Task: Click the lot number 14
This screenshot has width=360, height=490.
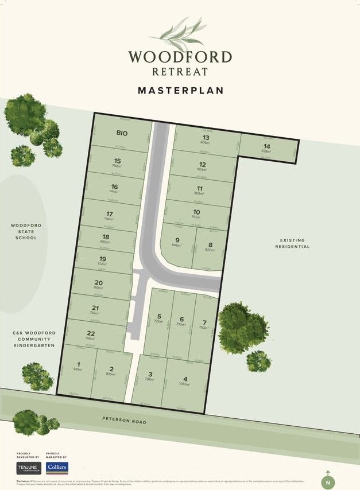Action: click(x=266, y=146)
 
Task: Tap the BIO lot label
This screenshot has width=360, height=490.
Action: click(x=121, y=133)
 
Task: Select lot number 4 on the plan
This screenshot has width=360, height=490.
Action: click(x=185, y=379)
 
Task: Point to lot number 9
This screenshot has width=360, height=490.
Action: click(x=177, y=240)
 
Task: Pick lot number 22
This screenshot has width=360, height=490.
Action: click(x=90, y=333)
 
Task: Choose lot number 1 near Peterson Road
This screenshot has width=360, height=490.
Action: click(x=78, y=364)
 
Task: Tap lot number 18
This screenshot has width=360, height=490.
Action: click(x=105, y=236)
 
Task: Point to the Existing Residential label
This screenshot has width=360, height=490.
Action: click(x=295, y=243)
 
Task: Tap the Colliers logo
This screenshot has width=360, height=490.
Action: click(x=57, y=467)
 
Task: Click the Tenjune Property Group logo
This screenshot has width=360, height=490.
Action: click(x=28, y=467)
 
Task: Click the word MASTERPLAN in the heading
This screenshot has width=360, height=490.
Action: click(x=180, y=91)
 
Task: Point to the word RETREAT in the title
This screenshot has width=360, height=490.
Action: click(x=180, y=72)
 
